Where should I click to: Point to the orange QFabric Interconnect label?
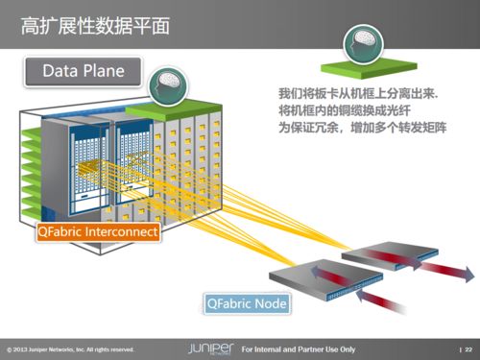[x=97, y=231]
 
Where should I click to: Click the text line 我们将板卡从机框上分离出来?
[x=356, y=94]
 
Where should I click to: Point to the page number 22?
[x=468, y=347]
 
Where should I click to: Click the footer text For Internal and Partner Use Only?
[x=298, y=347]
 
